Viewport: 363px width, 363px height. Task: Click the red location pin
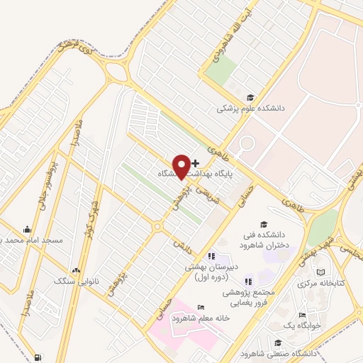[181, 166]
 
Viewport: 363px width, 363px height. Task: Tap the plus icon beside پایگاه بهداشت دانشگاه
[196, 163]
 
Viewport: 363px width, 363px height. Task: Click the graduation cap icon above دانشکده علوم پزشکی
[249, 98]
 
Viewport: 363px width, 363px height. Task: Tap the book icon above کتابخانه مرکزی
[320, 272]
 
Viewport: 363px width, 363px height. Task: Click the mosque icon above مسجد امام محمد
[28, 229]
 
